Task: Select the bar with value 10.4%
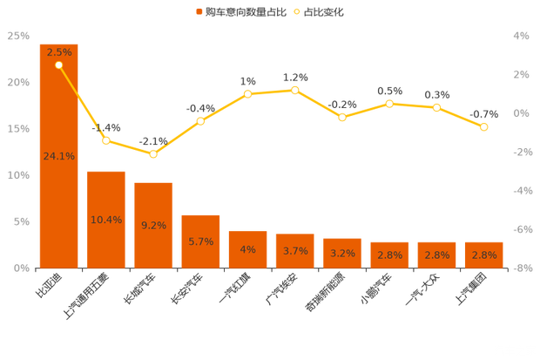tap(106, 219)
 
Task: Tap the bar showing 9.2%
tap(153, 224)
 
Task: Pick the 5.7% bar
tap(200, 241)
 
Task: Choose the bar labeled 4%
tap(247, 249)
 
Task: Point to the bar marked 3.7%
tap(295, 250)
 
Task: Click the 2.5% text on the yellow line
tap(59, 52)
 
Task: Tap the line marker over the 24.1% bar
tap(58, 65)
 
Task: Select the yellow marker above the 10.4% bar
tap(106, 140)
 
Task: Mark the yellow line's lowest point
tap(153, 154)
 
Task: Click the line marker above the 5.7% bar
tap(200, 120)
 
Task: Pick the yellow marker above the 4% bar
tap(247, 93)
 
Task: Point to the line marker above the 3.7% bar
tap(295, 90)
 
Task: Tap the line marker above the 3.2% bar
tap(342, 117)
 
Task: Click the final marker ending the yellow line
tap(484, 127)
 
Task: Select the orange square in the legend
tap(199, 12)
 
